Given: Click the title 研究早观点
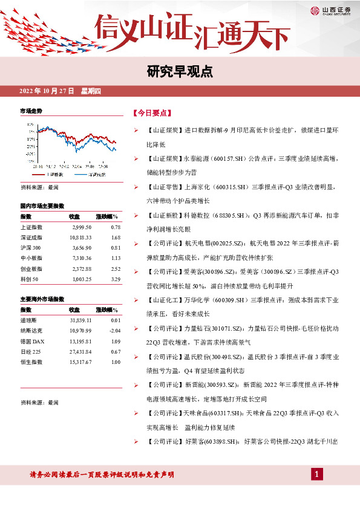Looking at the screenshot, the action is pyautogui.click(x=180, y=71).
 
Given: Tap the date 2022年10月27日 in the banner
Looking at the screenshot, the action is pyautogui.click(x=47, y=91).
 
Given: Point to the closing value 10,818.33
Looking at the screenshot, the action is pyautogui.click(x=80, y=237).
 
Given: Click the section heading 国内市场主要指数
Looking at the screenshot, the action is pyautogui.click(x=47, y=206).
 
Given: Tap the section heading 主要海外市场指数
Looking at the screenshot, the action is pyautogui.click(x=47, y=299).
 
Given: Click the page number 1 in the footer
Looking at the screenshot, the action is pyautogui.click(x=315, y=475).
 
